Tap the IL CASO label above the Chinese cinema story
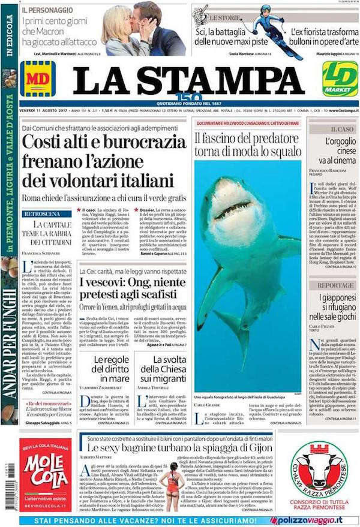[x=341, y=129]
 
